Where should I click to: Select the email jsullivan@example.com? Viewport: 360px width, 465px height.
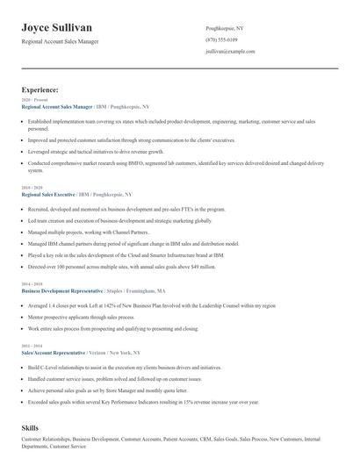(x=231, y=53)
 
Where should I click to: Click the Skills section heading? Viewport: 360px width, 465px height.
(x=30, y=426)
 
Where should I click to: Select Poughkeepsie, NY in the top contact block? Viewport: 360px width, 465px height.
(x=225, y=28)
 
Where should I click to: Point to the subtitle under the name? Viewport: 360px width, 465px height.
(x=60, y=42)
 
